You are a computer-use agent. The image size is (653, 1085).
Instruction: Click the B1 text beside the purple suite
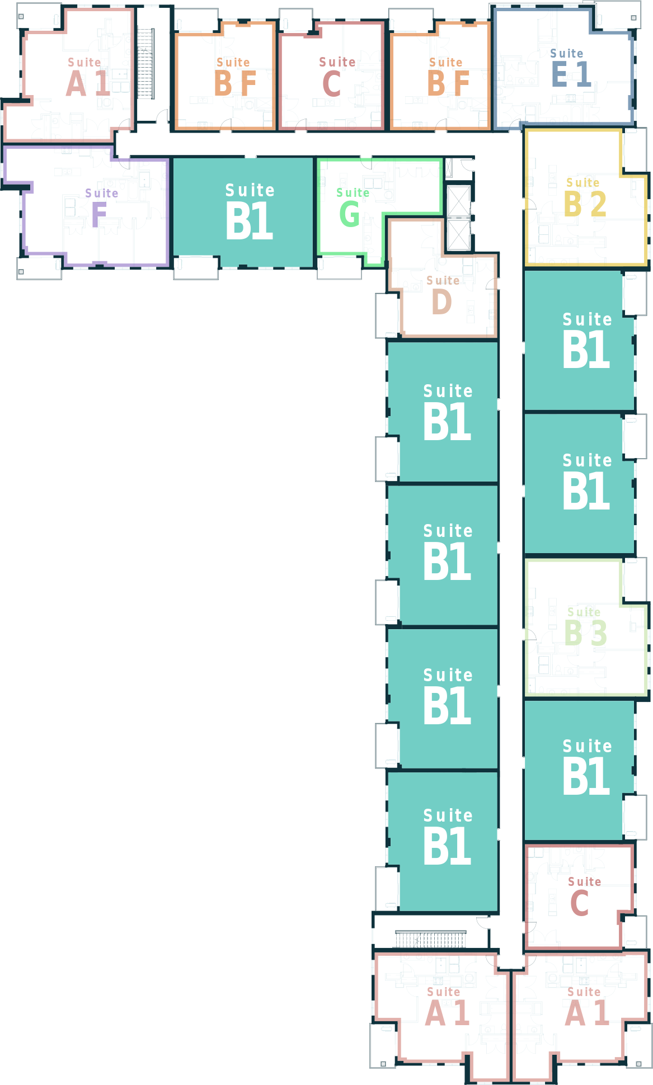pyautogui.click(x=249, y=221)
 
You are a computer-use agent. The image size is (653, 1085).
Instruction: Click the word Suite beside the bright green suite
pyautogui.click(x=250, y=191)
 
